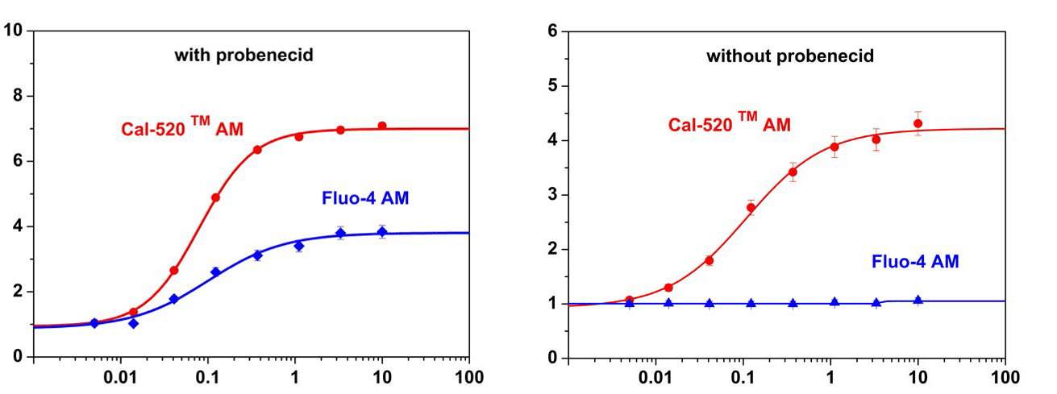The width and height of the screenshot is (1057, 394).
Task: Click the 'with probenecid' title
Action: click(x=243, y=56)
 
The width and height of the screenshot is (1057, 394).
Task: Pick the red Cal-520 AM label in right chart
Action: click(x=730, y=124)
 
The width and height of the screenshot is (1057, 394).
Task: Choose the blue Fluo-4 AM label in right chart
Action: click(x=915, y=261)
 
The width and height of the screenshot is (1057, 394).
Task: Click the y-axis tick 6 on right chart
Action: click(x=552, y=31)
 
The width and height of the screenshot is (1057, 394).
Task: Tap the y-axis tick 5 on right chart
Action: click(x=552, y=85)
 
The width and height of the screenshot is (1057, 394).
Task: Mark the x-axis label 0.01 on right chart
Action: click(x=655, y=377)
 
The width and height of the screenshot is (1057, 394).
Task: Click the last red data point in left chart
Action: click(x=382, y=126)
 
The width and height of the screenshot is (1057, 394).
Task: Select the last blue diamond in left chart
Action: click(x=382, y=232)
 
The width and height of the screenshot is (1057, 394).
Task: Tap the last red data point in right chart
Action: click(x=918, y=123)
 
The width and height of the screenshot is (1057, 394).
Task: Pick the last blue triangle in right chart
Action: click(x=918, y=301)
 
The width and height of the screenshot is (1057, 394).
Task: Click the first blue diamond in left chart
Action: click(x=94, y=323)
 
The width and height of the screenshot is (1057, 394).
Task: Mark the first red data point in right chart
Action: click(x=630, y=300)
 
